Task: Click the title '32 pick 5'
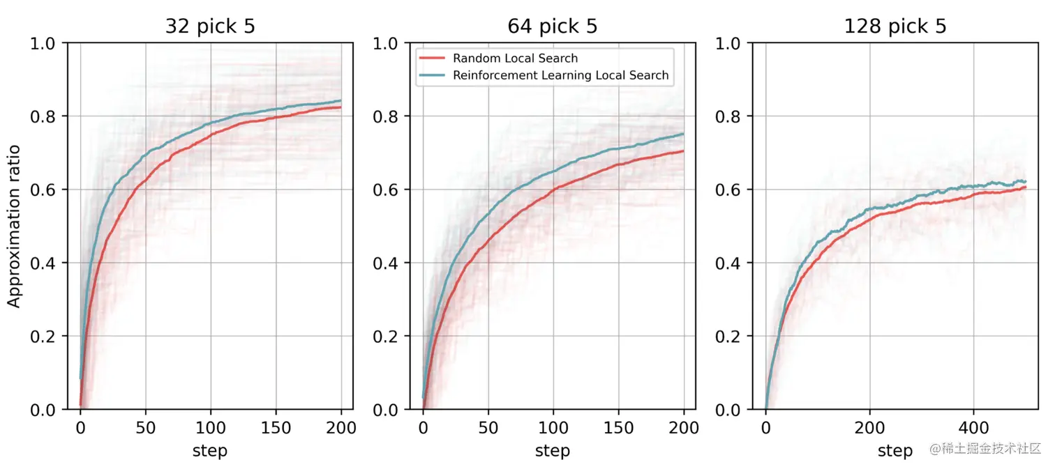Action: pos(210,26)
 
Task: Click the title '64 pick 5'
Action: pos(552,26)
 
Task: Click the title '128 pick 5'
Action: pos(895,26)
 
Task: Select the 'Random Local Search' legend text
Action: pos(515,59)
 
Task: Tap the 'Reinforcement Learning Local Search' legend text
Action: pos(560,75)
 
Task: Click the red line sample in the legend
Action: pos(433,59)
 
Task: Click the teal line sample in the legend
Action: pos(433,75)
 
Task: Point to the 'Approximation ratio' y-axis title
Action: pos(14,226)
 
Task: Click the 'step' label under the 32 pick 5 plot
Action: pos(210,451)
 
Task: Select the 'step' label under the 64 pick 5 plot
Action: pos(552,451)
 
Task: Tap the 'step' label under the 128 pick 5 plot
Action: pos(895,451)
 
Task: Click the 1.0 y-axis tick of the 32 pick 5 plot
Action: pos(46,43)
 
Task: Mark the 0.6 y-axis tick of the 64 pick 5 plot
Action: pos(389,190)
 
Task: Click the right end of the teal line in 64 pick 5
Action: pos(683,134)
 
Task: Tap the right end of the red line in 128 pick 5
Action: pos(1026,187)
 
